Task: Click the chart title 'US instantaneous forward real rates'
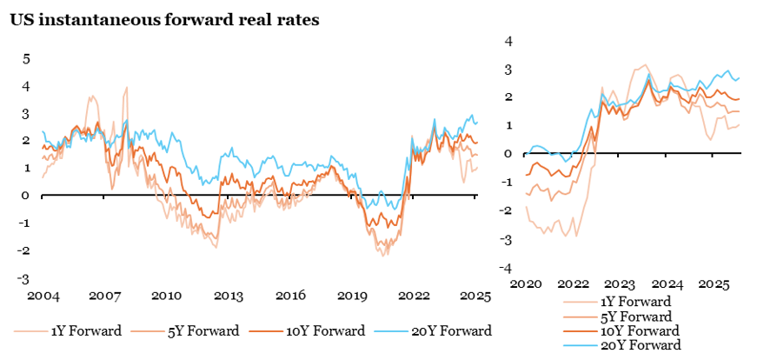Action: (x=164, y=20)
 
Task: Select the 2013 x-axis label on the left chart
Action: (x=227, y=296)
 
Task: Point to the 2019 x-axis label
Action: (x=352, y=296)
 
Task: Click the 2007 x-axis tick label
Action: (x=103, y=296)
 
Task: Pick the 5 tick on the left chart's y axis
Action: (x=26, y=58)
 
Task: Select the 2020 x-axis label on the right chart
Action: (x=528, y=284)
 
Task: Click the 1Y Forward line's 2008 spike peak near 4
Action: (x=127, y=87)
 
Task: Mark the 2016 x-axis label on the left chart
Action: (x=289, y=296)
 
